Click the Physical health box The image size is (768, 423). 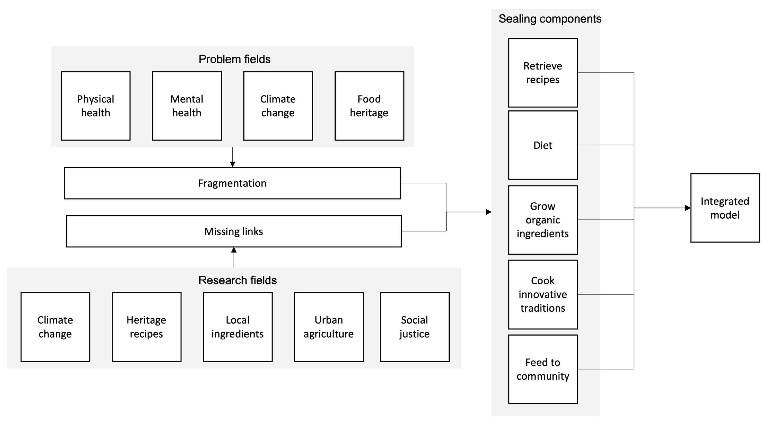(96, 106)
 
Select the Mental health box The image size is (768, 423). (187, 106)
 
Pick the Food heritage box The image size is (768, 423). (369, 106)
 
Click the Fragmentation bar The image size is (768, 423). (232, 183)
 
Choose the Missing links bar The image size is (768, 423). (233, 231)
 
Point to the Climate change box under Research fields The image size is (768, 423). (55, 327)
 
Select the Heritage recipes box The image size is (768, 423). (146, 327)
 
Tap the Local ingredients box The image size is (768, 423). (238, 327)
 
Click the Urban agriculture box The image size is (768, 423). (329, 327)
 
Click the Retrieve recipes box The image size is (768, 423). (543, 73)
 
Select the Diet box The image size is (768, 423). (543, 145)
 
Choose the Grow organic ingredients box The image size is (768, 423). (543, 220)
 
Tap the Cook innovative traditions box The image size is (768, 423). (543, 294)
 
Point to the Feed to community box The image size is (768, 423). (543, 369)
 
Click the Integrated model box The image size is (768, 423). (725, 208)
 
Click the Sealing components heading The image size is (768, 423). (550, 19)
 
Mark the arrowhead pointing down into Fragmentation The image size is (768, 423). (232, 164)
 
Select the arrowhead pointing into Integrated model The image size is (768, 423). (687, 208)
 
